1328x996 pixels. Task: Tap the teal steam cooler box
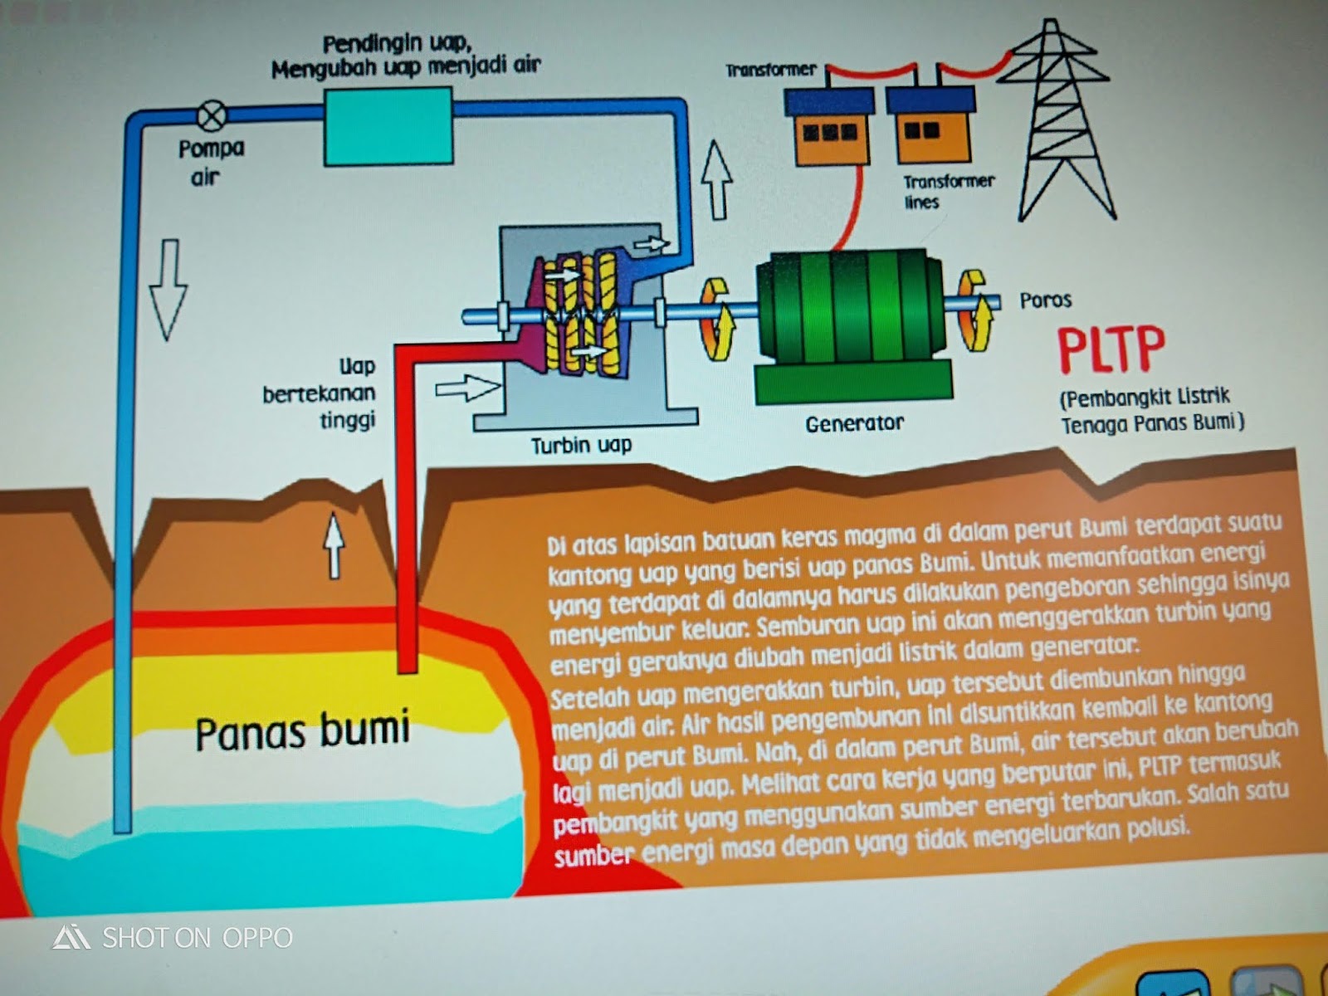(x=388, y=125)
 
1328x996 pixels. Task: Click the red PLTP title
(x=1111, y=349)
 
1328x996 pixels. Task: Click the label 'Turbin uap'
(x=581, y=446)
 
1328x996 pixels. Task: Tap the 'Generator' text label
(x=854, y=423)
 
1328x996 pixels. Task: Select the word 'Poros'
(x=1045, y=300)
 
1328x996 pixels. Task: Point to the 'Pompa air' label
(x=210, y=162)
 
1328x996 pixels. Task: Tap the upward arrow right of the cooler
(x=716, y=178)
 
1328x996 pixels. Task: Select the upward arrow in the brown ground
(x=334, y=544)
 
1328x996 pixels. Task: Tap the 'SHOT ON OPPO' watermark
(x=173, y=938)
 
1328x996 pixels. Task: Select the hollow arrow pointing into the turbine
(x=467, y=388)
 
